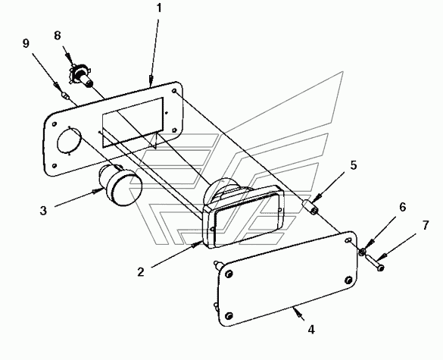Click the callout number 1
(159, 8)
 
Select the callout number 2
(141, 272)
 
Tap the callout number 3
(43, 211)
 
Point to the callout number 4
(311, 330)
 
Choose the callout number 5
(354, 165)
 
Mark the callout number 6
(402, 208)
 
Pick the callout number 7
(426, 225)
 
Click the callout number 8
(58, 36)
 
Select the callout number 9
(26, 43)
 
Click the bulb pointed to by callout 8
(80, 76)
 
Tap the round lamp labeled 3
(120, 185)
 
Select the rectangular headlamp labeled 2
(243, 214)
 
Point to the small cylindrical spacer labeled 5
(310, 207)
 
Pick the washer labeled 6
(363, 252)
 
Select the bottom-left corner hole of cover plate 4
(229, 315)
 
